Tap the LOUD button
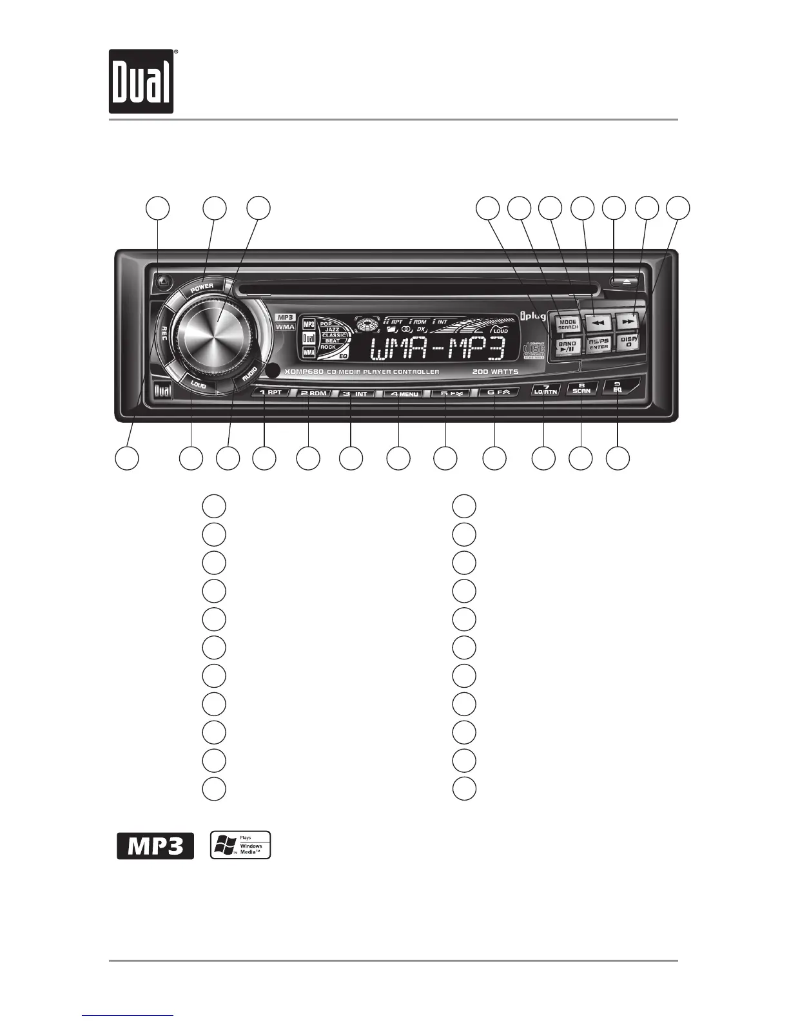coord(198,385)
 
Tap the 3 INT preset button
coord(355,393)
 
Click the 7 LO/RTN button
coord(545,389)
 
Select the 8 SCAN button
coord(581,388)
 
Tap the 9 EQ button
coord(618,388)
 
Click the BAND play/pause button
coord(567,346)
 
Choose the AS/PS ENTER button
coord(599,344)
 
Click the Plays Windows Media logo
coord(240,845)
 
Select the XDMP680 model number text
coord(304,372)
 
